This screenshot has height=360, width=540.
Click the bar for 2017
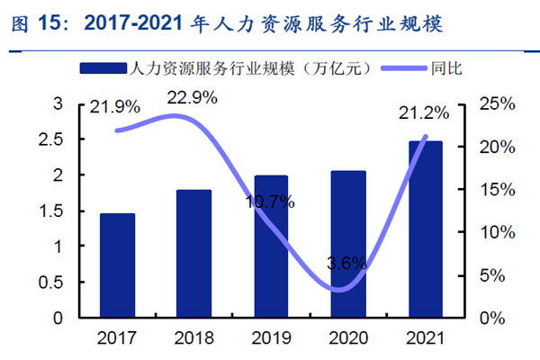point(117,265)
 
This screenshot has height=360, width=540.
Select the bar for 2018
point(193,254)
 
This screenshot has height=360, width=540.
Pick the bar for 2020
point(348,244)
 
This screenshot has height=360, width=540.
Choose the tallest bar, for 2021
point(425,229)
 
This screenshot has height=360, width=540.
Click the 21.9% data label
point(114,107)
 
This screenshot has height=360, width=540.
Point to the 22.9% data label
point(192,98)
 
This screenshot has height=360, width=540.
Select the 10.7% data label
point(270,202)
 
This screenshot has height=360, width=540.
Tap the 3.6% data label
point(346,264)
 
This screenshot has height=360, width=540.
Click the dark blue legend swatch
point(103,68)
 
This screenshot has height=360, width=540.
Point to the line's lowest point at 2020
point(337,290)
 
